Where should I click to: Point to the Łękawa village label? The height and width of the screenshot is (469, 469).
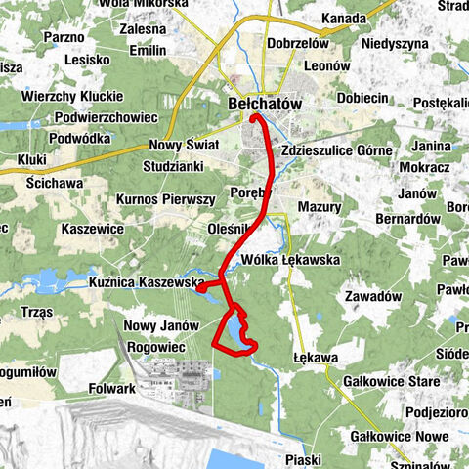point(313,359)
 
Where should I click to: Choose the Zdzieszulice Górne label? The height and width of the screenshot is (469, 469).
point(335,151)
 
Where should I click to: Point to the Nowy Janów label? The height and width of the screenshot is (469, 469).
point(158,325)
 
